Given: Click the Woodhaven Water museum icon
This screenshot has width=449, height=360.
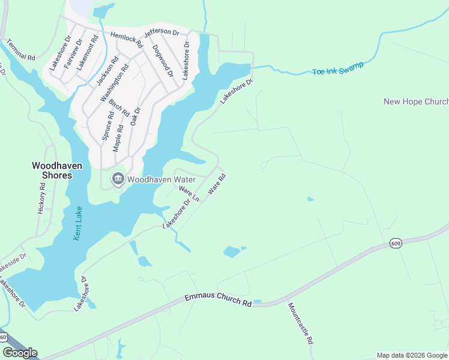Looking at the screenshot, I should (118, 179).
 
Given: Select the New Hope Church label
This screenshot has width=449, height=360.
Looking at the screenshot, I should (416, 102).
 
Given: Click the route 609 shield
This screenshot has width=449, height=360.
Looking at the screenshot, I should (395, 243).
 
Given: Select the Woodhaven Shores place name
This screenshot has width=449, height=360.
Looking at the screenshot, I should (52, 170).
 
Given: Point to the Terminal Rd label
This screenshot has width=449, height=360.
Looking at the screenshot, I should (21, 50).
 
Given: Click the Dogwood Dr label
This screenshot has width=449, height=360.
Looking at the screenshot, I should (163, 61).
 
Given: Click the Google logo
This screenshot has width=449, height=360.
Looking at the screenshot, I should (20, 353).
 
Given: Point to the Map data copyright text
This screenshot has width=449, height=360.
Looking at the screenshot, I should (412, 355).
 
